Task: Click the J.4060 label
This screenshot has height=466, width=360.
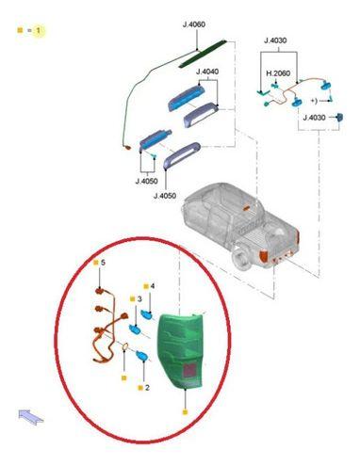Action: pos(194,24)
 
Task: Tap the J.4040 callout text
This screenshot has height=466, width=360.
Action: pos(207,72)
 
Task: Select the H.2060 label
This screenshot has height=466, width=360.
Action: pos(278,73)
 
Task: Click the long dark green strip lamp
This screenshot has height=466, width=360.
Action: pos(203,54)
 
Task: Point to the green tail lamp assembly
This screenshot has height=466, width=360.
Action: pos(181,350)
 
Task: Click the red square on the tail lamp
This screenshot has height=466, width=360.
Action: pos(189,370)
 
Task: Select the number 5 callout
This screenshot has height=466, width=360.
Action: pos(103,263)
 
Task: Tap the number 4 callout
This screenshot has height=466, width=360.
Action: pos(153,286)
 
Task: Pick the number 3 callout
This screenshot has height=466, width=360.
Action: pos(139,299)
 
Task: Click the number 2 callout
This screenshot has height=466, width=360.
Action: pos(147,388)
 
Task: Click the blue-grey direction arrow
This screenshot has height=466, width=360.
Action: pos(31,417)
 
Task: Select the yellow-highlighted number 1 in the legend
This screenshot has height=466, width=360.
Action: pos(38,30)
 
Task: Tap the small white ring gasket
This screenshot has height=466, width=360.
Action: pos(124,347)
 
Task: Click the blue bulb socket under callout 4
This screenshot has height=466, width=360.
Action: pos(147,313)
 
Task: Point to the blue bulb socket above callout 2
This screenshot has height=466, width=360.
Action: pos(141,356)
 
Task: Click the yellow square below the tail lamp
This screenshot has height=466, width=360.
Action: pos(185,412)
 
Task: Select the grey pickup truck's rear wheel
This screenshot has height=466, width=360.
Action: pos(242,259)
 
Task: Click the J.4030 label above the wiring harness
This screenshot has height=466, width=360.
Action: pos(275,40)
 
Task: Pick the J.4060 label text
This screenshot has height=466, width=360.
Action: pos(194,24)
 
